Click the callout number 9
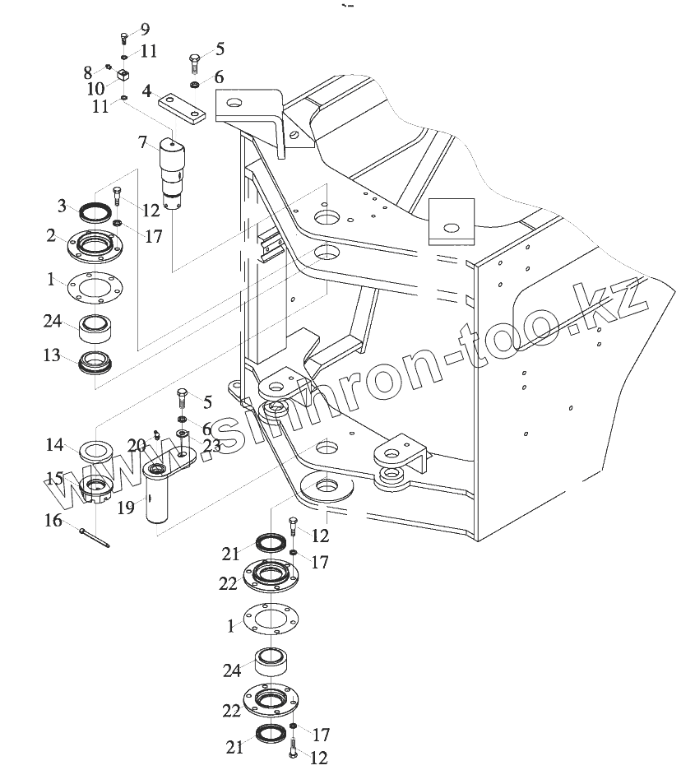(x=145, y=30)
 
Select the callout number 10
(x=95, y=87)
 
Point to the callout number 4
(x=146, y=90)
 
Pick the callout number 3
(x=62, y=205)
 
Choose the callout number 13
(x=52, y=355)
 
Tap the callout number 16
(x=53, y=520)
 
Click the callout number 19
(x=125, y=508)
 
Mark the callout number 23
(x=211, y=447)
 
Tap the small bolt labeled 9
(x=123, y=36)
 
